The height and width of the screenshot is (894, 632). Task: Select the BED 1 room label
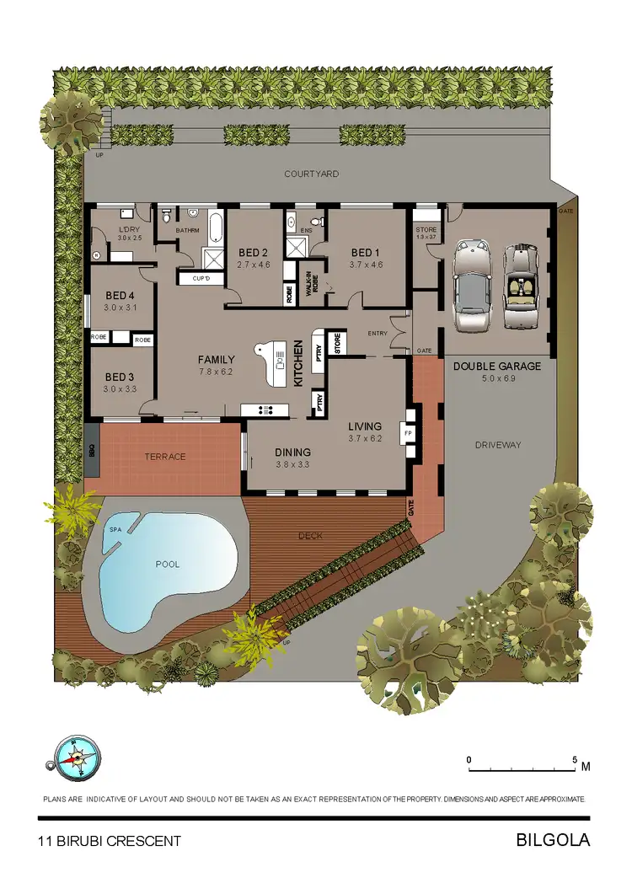click(367, 253)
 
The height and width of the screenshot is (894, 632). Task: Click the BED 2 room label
click(253, 253)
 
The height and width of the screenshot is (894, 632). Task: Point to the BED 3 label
click(120, 377)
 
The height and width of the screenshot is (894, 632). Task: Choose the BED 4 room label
click(120, 296)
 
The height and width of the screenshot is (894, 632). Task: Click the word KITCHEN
click(298, 363)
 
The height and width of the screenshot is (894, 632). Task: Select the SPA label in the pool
click(115, 529)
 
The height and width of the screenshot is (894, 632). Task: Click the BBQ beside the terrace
click(92, 452)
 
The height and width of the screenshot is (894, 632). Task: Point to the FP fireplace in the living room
click(409, 434)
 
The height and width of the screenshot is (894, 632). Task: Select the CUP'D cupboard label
click(201, 278)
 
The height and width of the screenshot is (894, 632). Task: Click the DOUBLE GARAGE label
click(497, 367)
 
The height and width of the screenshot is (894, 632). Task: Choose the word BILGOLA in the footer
click(552, 840)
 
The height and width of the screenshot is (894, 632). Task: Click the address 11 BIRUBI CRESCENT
click(110, 841)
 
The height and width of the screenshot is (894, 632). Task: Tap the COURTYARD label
click(311, 174)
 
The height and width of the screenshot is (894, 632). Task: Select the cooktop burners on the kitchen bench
click(265, 410)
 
